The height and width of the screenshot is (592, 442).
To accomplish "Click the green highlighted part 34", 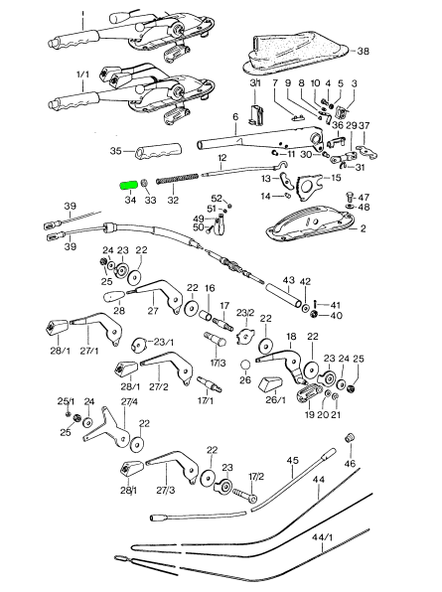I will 128,185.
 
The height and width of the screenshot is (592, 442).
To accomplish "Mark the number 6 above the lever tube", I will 235,116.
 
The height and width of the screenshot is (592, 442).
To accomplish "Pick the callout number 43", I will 289,281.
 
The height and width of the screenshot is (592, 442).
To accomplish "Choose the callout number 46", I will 350,463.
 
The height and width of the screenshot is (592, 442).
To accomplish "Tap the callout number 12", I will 222,158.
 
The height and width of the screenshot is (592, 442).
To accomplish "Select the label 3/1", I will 254,82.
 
